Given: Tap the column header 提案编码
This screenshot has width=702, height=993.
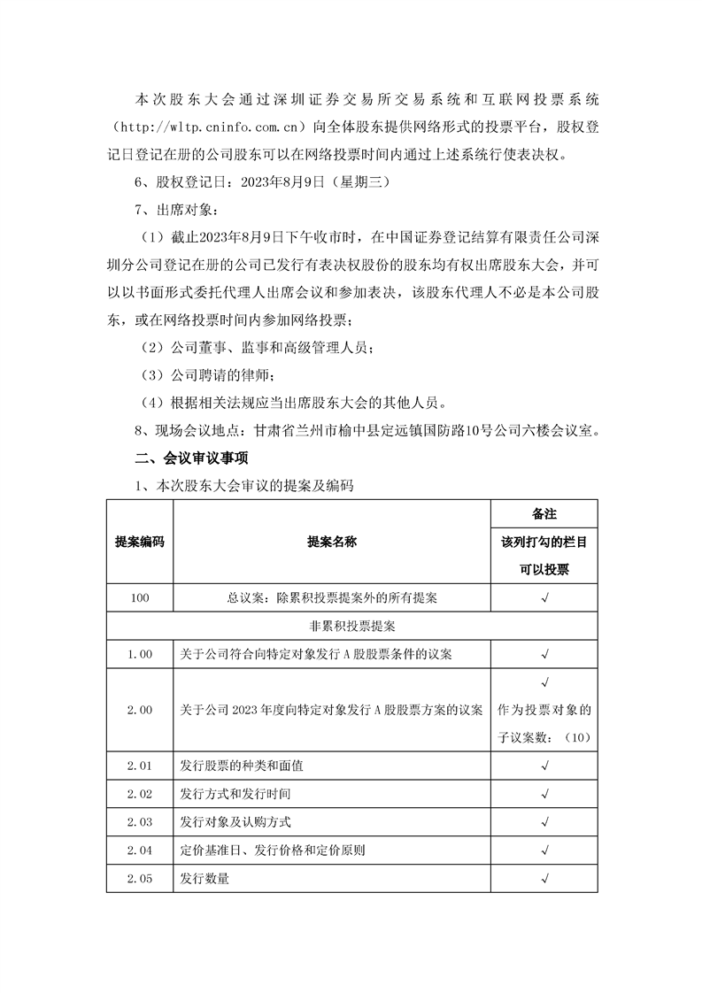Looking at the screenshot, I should pyautogui.click(x=139, y=542).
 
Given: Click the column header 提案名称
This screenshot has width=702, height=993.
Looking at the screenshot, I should pyautogui.click(x=331, y=542).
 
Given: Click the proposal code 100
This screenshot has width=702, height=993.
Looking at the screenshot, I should pyautogui.click(x=139, y=597).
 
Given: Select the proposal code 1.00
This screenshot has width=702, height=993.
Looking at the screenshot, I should pyautogui.click(x=139, y=654).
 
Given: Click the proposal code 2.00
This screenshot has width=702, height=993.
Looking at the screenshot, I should pyautogui.click(x=139, y=710).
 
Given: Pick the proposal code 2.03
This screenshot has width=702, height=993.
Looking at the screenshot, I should pyautogui.click(x=139, y=822).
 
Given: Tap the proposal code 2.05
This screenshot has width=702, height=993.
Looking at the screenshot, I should pyautogui.click(x=139, y=879).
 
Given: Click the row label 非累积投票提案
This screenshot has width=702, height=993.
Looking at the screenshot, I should pyautogui.click(x=351, y=626).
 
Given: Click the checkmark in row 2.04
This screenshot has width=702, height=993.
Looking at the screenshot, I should pyautogui.click(x=544, y=851).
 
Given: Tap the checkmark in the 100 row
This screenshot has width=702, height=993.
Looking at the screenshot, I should pyautogui.click(x=544, y=597).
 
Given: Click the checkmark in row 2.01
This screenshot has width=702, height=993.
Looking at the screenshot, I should pyautogui.click(x=544, y=766).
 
